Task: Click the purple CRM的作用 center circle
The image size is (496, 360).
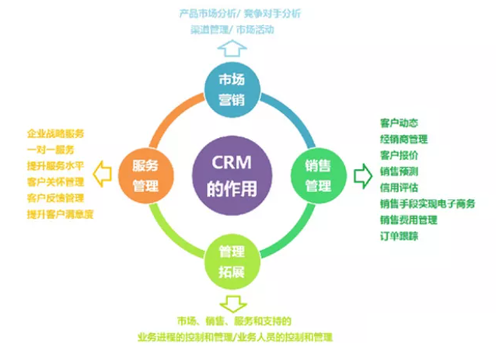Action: click(233, 176)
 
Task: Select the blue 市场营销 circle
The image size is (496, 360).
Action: click(233, 90)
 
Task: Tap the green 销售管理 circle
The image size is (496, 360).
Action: click(319, 176)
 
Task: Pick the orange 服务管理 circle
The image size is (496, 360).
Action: click(146, 176)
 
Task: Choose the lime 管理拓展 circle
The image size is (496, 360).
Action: click(233, 262)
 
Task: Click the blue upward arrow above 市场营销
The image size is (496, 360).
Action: click(233, 48)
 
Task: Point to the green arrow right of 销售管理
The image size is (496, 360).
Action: click(363, 176)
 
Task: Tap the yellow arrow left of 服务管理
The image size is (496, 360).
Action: click(102, 174)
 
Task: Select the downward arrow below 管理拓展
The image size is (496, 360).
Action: click(233, 304)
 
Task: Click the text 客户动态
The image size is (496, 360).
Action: click(399, 123)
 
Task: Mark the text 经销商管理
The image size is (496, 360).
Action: click(404, 139)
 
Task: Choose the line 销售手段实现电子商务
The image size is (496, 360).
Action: click(427, 204)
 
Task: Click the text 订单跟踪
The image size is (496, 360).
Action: click(399, 235)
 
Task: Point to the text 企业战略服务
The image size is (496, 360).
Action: click(56, 134)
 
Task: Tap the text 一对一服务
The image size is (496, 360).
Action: click(51, 149)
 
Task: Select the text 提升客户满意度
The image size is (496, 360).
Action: click(60, 214)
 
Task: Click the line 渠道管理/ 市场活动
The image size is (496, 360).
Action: click(233, 29)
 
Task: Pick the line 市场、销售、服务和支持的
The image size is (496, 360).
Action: click(234, 321)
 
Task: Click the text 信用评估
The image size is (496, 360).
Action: click(399, 187)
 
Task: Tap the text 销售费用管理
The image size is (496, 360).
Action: click(408, 220)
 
